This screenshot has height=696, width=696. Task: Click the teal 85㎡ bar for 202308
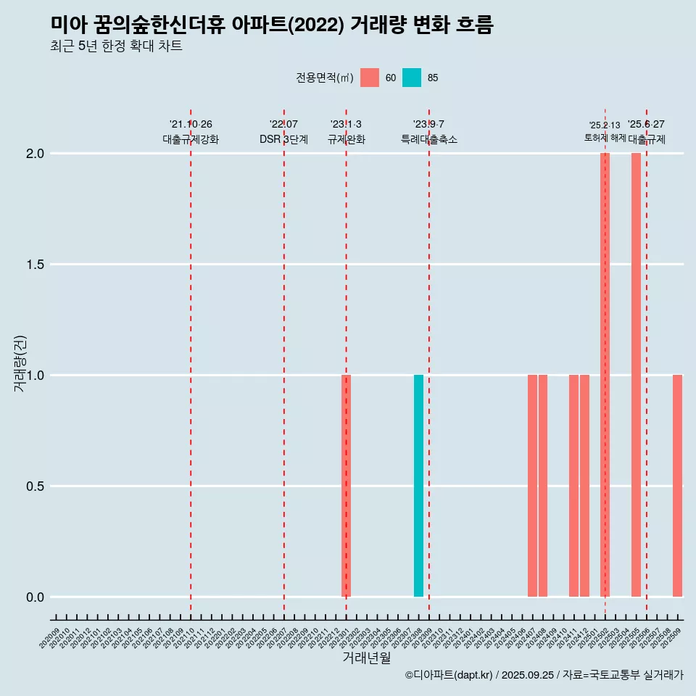pyautogui.click(x=418, y=486)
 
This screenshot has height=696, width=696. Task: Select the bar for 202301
pyautogui.click(x=347, y=486)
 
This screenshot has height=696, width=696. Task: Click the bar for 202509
pyautogui.click(x=677, y=486)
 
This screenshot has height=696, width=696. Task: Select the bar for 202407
pyautogui.click(x=532, y=486)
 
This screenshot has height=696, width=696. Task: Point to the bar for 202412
pyautogui.click(x=584, y=486)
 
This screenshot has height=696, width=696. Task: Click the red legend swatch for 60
pyautogui.click(x=370, y=78)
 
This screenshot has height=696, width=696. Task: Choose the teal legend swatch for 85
pyautogui.click(x=412, y=78)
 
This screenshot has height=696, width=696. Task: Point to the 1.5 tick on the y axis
pyautogui.click(x=35, y=265)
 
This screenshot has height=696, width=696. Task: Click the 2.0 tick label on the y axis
pyautogui.click(x=35, y=154)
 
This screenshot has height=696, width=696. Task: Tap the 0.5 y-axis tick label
pyautogui.click(x=35, y=486)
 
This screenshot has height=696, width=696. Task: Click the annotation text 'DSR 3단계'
pyautogui.click(x=284, y=139)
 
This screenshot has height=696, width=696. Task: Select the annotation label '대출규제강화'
pyautogui.click(x=191, y=139)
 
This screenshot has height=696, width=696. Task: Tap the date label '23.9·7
pyautogui.click(x=428, y=124)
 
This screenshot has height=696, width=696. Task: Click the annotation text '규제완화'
pyautogui.click(x=347, y=139)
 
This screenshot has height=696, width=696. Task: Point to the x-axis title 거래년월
pyautogui.click(x=366, y=658)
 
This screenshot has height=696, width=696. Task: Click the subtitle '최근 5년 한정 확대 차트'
pyautogui.click(x=116, y=46)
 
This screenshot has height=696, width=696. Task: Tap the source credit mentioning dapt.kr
pyautogui.click(x=544, y=675)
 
